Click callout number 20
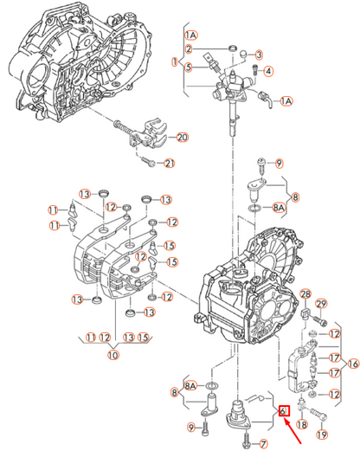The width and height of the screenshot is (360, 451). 182,137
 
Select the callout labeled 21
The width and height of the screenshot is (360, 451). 169,164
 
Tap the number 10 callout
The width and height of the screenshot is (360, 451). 112,354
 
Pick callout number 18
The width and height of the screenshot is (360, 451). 302,424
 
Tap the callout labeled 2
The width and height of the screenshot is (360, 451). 188,48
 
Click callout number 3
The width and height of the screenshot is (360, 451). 259,54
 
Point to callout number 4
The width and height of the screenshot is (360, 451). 268,71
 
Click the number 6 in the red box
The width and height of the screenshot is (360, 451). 283,412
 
